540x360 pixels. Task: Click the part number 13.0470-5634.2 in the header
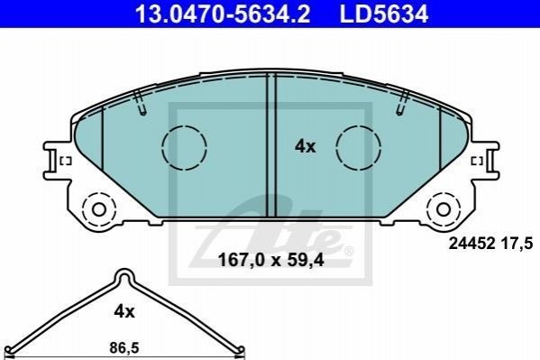pos(223,14)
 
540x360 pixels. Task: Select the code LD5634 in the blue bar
pos(384,14)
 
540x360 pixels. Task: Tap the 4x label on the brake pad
pos(305,147)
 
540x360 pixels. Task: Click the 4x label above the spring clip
pos(124,311)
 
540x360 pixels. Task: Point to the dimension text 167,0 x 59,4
pos(270,260)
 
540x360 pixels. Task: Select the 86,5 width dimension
pos(124,348)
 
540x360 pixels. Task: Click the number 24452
pos(471,244)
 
